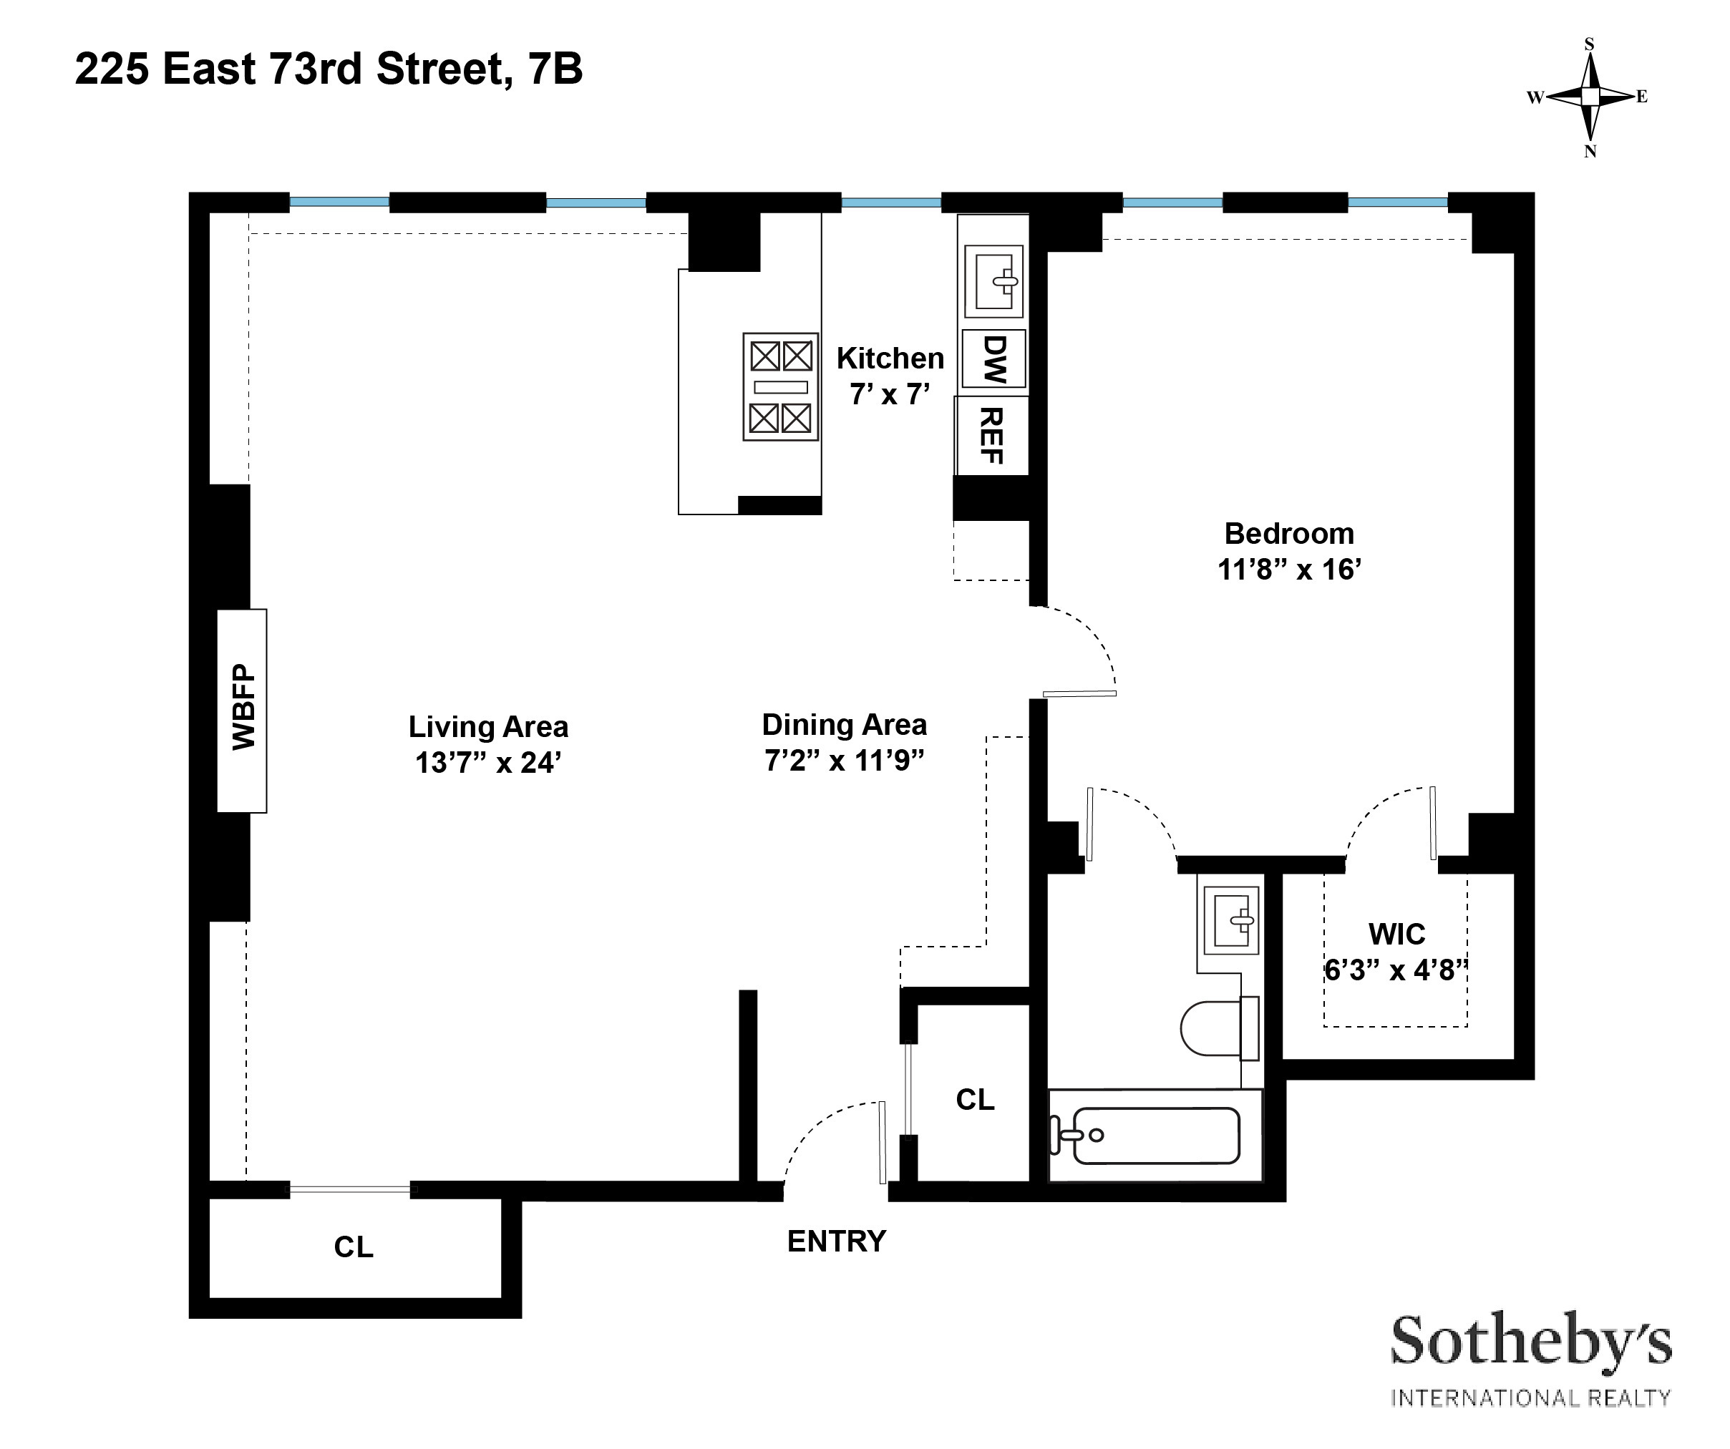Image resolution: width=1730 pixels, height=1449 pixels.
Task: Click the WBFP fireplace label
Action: (x=243, y=708)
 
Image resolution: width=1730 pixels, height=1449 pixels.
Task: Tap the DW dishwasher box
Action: (x=994, y=359)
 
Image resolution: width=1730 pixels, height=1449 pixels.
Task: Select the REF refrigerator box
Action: (x=992, y=435)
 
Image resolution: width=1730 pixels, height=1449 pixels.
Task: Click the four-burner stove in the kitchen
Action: (x=780, y=386)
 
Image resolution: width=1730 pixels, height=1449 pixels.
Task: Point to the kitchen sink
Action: (x=994, y=281)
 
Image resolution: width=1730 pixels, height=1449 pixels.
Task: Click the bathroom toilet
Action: (x=1218, y=1028)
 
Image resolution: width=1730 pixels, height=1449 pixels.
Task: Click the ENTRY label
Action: (x=836, y=1241)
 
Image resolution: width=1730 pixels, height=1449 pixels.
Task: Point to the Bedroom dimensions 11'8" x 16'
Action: (x=1289, y=569)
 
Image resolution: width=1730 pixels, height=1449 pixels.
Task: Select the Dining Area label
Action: (x=845, y=725)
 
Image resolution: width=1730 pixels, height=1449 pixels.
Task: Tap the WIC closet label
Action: (x=1396, y=934)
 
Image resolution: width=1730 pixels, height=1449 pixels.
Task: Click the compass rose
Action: (x=1590, y=97)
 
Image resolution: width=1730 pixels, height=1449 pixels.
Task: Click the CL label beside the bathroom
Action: (x=976, y=1100)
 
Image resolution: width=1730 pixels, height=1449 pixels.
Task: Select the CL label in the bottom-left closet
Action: (x=354, y=1247)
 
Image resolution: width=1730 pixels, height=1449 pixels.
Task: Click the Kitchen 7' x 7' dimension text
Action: (x=890, y=394)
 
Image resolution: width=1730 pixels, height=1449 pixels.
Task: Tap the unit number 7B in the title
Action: (x=555, y=69)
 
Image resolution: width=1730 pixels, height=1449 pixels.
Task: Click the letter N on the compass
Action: (x=1590, y=152)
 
